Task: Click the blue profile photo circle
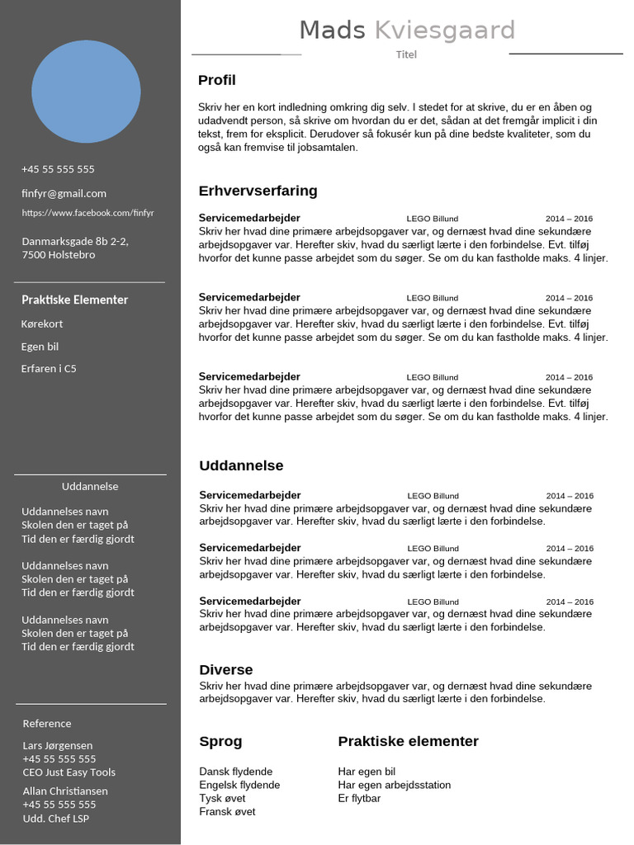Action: (x=86, y=92)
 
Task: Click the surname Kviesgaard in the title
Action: (x=444, y=31)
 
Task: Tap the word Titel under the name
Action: (x=406, y=54)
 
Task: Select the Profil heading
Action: (x=216, y=80)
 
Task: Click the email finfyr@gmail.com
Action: (x=64, y=193)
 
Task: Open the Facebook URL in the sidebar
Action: (x=88, y=213)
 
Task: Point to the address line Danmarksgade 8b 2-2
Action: (x=74, y=242)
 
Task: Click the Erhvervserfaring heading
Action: (x=258, y=191)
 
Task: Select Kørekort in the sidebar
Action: (x=42, y=323)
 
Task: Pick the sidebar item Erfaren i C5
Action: (x=49, y=369)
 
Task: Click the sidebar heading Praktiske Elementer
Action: (x=74, y=300)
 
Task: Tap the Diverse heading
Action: (x=225, y=669)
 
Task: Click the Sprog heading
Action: (x=220, y=741)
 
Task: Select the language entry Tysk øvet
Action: (x=222, y=798)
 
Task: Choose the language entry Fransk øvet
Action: (x=227, y=811)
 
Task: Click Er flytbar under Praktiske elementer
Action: (x=359, y=798)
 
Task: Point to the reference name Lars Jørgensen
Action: (x=58, y=745)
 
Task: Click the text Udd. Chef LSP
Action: (x=55, y=818)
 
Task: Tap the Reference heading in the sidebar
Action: (x=47, y=724)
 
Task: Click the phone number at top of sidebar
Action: (x=58, y=169)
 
